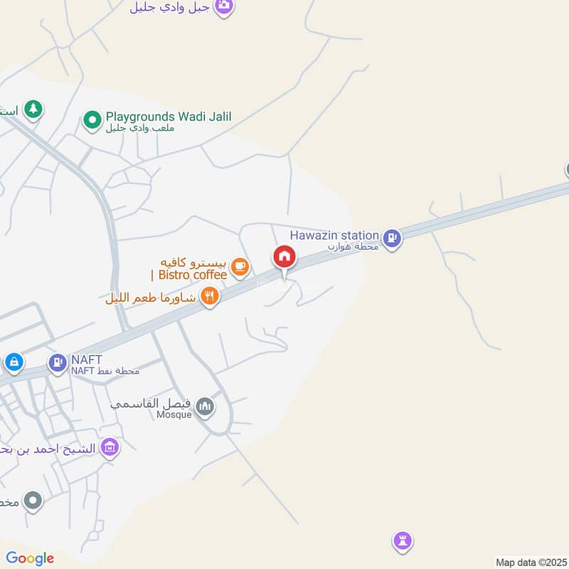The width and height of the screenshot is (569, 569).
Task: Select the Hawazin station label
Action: tap(334, 235)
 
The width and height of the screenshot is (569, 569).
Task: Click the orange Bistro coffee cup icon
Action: tap(240, 267)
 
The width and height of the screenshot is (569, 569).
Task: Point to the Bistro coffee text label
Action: tap(190, 275)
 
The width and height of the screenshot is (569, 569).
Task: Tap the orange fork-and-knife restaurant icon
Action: tap(209, 296)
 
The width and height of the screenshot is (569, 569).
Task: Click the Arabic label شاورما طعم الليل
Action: tap(151, 298)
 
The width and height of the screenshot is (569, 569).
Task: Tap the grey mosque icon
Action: tap(206, 406)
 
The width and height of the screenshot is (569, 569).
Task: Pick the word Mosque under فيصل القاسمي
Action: tap(175, 415)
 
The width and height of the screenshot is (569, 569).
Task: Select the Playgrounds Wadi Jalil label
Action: tap(169, 117)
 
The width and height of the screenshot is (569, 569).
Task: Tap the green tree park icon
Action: tap(33, 109)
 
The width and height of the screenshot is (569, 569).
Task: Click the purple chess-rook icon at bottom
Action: tap(403, 542)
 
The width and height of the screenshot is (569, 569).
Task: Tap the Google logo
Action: tap(30, 558)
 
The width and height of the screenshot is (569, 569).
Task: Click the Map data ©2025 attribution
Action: tap(530, 562)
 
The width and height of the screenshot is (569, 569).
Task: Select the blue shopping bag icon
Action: tap(13, 363)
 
